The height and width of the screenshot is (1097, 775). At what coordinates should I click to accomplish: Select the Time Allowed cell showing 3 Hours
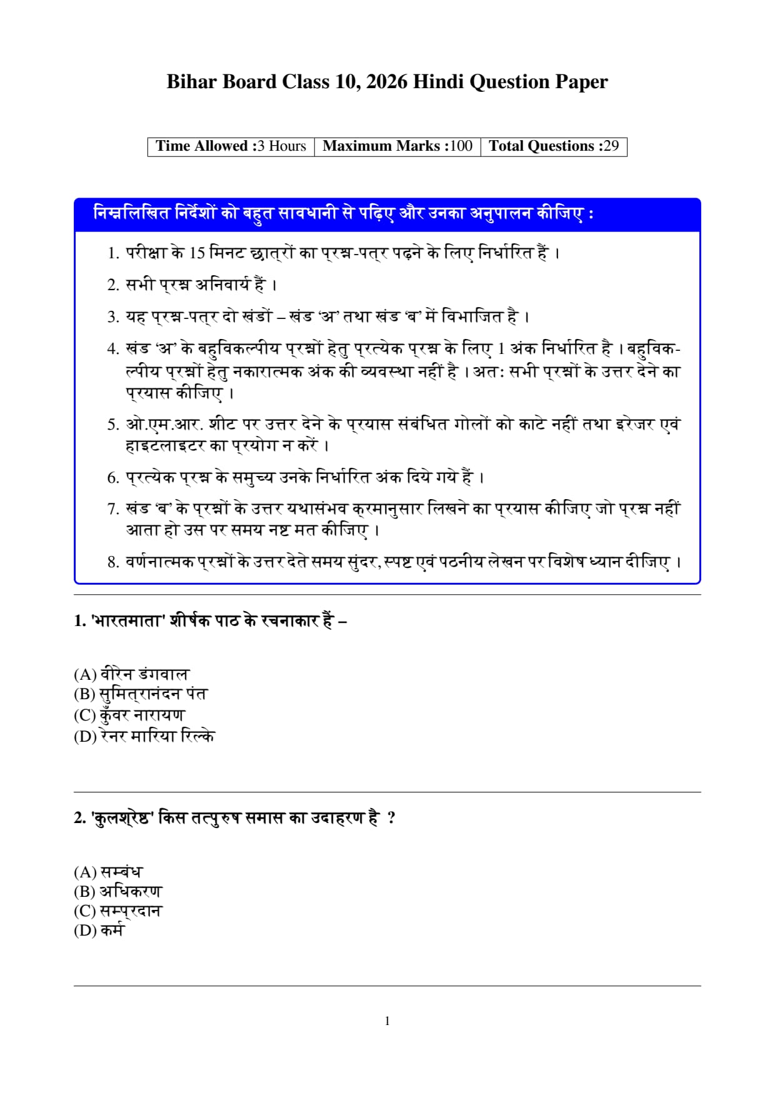point(231,146)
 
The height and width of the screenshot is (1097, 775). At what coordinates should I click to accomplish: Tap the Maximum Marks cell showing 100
point(397,146)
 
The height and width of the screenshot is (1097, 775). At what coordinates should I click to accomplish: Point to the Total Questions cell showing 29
point(554,146)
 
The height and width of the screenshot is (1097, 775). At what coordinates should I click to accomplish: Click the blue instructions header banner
point(387,215)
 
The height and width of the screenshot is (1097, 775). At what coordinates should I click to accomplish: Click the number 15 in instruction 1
point(197,253)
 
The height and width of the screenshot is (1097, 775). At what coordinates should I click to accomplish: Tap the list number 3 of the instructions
point(112,317)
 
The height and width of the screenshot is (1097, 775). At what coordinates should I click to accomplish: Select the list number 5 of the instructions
point(112,425)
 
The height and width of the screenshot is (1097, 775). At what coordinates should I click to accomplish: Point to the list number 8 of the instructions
point(112,562)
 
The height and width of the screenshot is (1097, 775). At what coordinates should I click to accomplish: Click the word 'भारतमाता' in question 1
point(127,621)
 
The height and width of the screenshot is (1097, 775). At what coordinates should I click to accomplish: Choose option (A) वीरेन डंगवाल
point(131,674)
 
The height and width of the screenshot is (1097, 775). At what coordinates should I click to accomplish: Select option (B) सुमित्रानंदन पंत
point(140,694)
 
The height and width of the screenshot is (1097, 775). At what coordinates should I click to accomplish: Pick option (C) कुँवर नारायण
point(129,715)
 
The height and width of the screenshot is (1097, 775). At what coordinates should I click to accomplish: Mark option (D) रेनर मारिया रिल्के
point(144,736)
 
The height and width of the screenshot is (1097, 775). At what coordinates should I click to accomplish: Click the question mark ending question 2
point(391,818)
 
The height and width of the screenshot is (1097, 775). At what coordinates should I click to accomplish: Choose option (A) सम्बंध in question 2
point(108,872)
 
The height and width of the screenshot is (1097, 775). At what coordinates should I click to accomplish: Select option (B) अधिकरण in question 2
point(117,891)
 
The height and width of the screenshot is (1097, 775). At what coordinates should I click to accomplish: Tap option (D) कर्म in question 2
point(99,931)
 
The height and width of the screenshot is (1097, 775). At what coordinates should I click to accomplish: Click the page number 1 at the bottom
point(387,1021)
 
